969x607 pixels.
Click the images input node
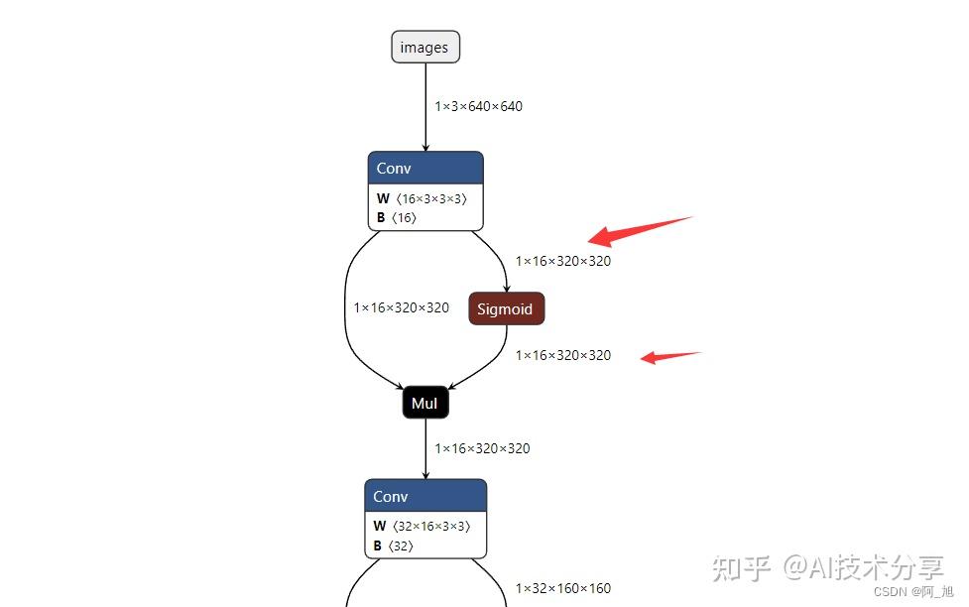425,47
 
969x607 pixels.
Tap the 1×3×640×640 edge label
478,106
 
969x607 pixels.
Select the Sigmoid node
507,308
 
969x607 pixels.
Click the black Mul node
425,403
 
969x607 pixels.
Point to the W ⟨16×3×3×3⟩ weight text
422,198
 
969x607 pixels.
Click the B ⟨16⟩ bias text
396,217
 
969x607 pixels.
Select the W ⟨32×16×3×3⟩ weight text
422,526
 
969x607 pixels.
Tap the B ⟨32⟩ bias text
393,546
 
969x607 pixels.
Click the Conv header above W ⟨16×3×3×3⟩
425,169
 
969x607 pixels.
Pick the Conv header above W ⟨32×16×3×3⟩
425,496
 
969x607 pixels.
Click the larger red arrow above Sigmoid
640,231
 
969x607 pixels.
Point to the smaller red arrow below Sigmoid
670,357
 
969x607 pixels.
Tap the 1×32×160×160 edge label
563,588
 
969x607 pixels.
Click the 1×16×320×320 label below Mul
482,448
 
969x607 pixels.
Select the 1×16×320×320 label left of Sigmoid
401,307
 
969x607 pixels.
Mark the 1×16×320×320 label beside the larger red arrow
563,261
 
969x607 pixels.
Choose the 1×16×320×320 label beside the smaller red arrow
563,355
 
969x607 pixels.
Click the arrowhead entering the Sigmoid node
507,289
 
